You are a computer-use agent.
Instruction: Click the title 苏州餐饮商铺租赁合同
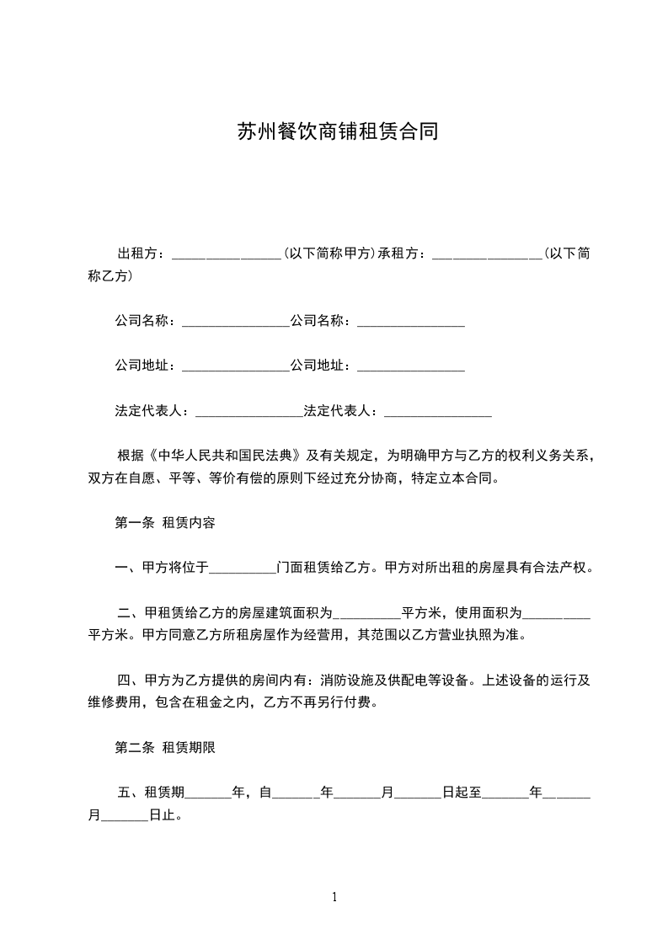(x=336, y=132)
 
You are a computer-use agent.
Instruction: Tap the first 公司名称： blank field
(x=235, y=321)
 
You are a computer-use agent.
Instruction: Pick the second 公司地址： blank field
(x=411, y=366)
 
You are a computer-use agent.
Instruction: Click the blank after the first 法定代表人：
(x=248, y=412)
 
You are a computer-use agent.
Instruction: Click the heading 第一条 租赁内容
(x=164, y=523)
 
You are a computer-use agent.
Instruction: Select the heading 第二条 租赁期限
(x=164, y=747)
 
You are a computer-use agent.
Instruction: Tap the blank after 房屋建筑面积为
(x=366, y=613)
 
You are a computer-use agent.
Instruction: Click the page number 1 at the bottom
(x=334, y=898)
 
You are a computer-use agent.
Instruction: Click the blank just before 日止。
(x=124, y=816)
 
